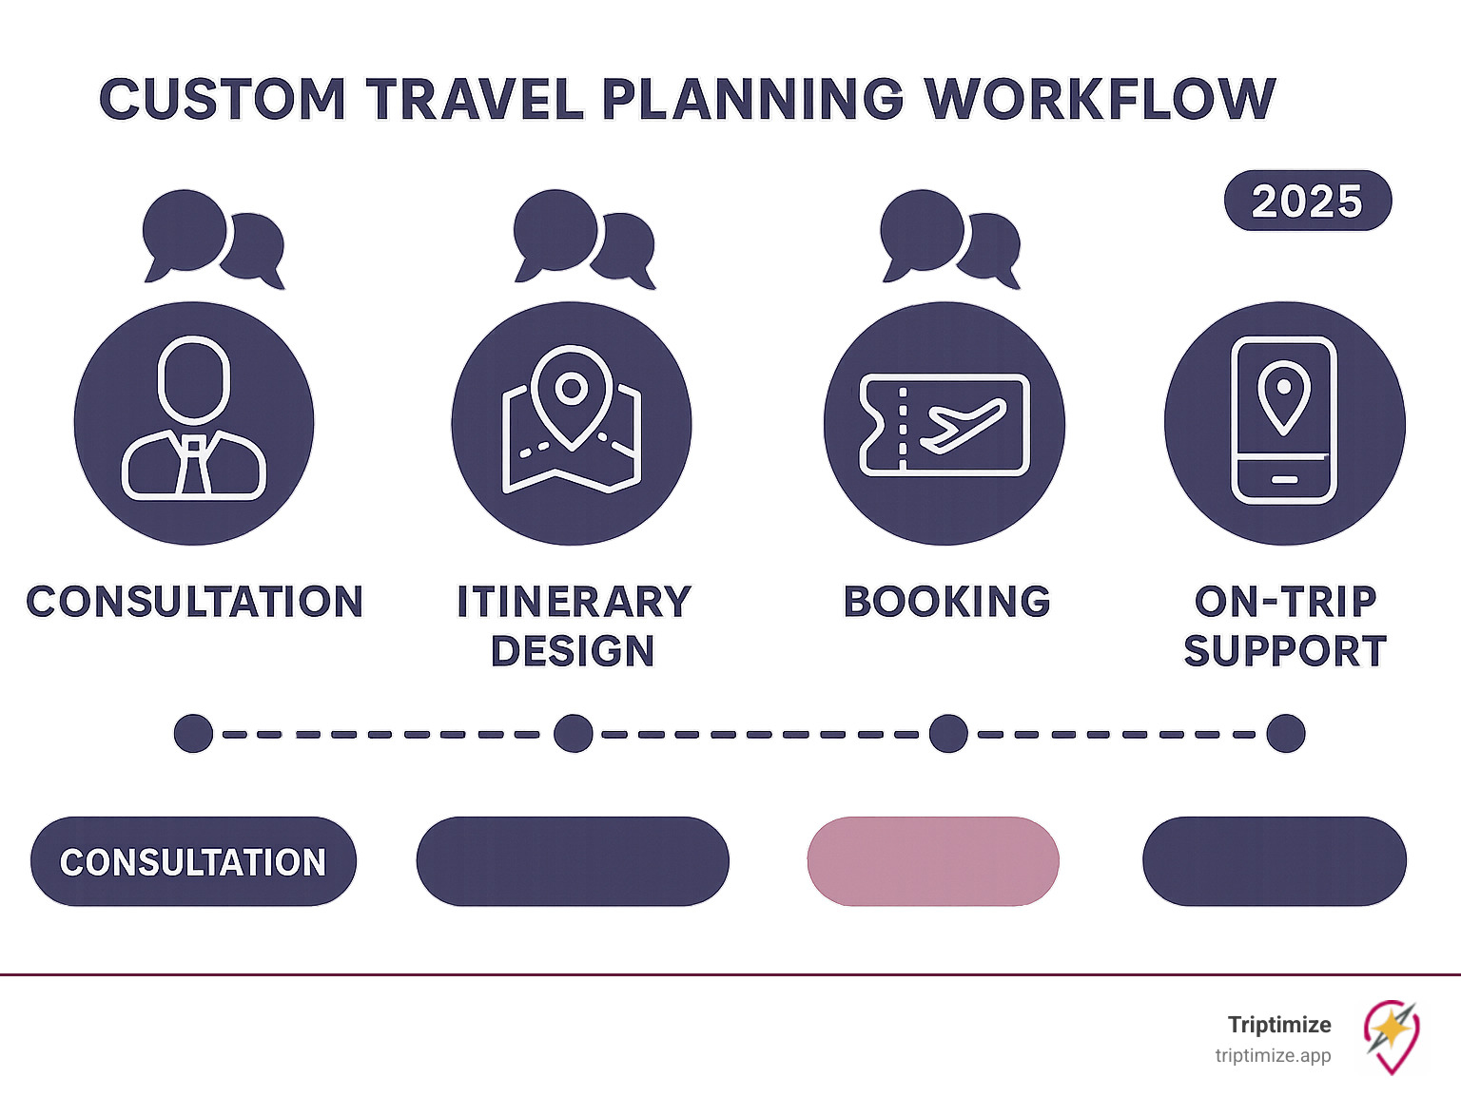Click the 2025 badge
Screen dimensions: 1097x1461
(x=1307, y=201)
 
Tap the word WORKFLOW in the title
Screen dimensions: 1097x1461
(x=1101, y=99)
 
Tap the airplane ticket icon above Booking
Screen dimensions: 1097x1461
(x=945, y=424)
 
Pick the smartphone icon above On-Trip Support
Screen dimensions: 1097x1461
(x=1284, y=420)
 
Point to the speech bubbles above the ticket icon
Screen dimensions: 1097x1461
(x=950, y=238)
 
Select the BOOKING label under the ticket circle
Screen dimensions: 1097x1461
(x=946, y=602)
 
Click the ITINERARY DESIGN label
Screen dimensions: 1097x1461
(x=574, y=625)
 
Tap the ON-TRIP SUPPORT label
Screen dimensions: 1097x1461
(x=1285, y=625)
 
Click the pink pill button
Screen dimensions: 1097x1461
(x=932, y=861)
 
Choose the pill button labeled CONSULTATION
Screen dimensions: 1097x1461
(x=193, y=861)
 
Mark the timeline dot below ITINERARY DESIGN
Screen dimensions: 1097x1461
(x=574, y=734)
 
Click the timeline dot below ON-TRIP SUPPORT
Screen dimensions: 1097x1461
(x=1286, y=734)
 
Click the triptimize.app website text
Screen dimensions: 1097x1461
(x=1273, y=1055)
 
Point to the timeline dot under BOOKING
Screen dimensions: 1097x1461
(x=948, y=734)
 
